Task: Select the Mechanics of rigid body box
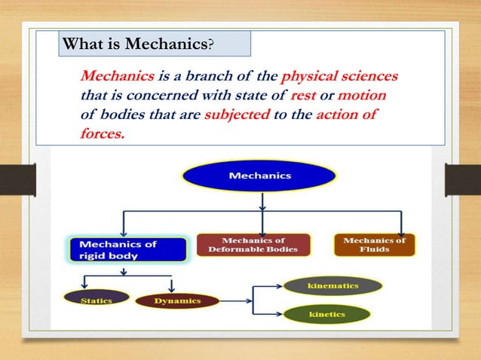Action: point(127,249)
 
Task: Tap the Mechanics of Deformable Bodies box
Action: point(253,245)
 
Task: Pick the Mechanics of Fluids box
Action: point(375,245)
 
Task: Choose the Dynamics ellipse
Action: point(177,301)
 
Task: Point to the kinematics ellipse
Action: point(332,286)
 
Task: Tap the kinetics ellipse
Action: point(327,313)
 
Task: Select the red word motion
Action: point(363,96)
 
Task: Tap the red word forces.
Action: point(101,133)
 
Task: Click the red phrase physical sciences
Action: point(339,78)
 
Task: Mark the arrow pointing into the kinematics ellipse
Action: point(277,286)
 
